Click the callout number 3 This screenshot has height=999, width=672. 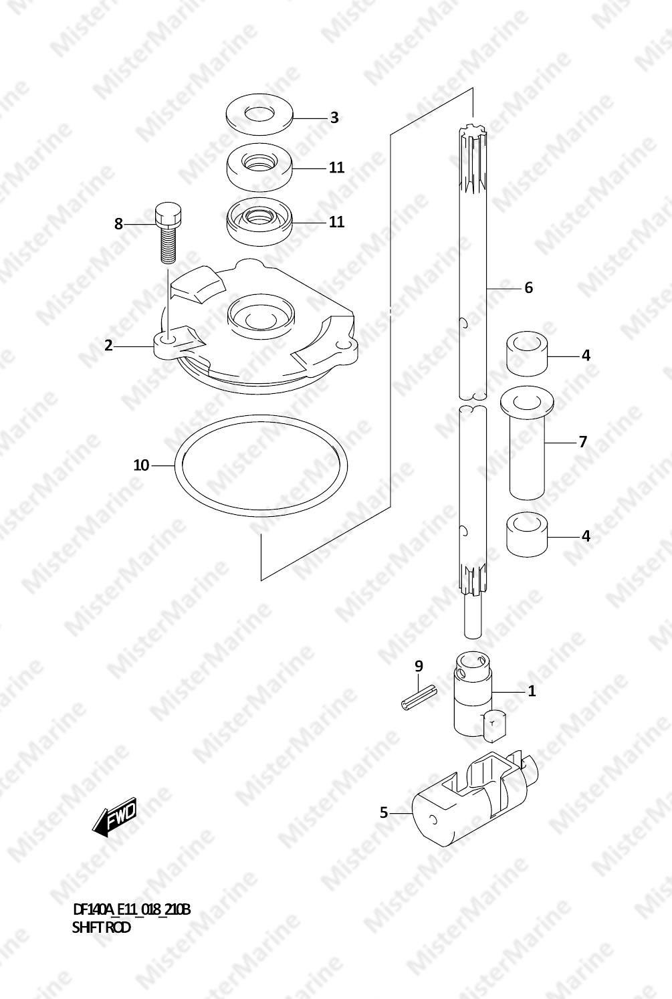(334, 118)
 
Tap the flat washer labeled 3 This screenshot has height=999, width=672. (259, 114)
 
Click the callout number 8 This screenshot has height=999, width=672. (118, 223)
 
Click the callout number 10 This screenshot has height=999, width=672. (141, 465)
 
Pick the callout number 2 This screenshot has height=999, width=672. (108, 345)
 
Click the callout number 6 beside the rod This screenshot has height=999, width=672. (528, 288)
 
